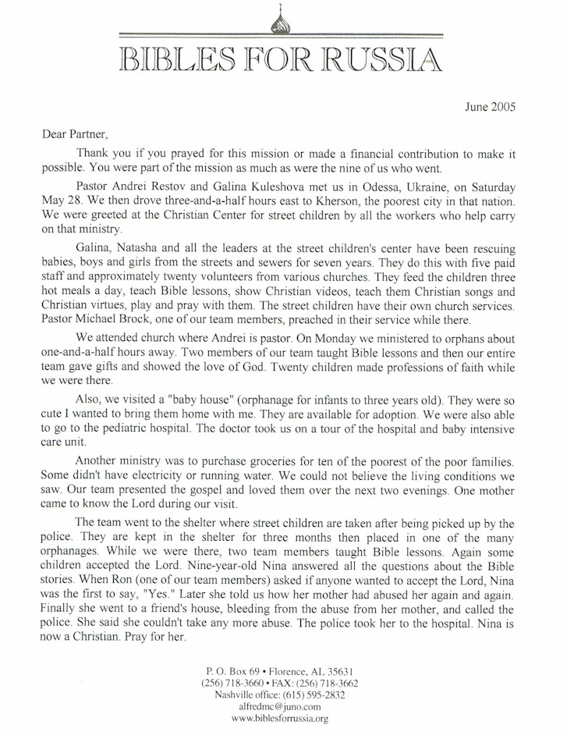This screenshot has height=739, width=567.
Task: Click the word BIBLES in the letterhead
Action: [170, 60]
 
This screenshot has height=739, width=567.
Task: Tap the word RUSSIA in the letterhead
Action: [382, 60]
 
